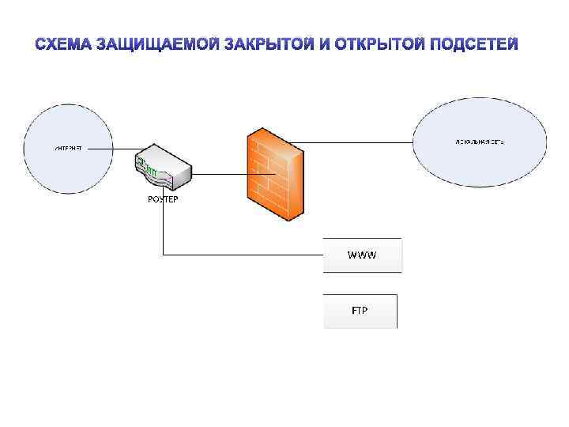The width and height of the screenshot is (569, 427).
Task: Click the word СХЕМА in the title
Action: click(64, 43)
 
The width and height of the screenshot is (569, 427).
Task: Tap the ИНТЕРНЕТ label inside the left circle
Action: click(67, 147)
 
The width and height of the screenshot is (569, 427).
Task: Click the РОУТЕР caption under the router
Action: click(163, 199)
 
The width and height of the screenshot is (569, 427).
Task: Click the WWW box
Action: click(363, 255)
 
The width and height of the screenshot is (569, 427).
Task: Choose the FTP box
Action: click(360, 310)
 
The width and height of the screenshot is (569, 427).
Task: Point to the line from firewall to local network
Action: click(356, 142)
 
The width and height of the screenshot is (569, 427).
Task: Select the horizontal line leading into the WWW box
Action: click(245, 255)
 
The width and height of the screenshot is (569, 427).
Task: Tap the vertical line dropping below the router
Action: click(163, 229)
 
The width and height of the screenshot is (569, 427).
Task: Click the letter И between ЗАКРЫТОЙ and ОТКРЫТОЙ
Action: click(324, 43)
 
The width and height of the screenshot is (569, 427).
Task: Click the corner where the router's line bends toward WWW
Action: click(163, 255)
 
